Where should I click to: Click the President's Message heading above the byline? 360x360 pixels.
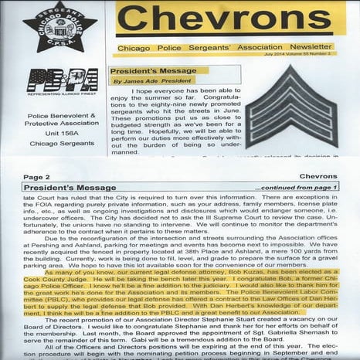146,66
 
